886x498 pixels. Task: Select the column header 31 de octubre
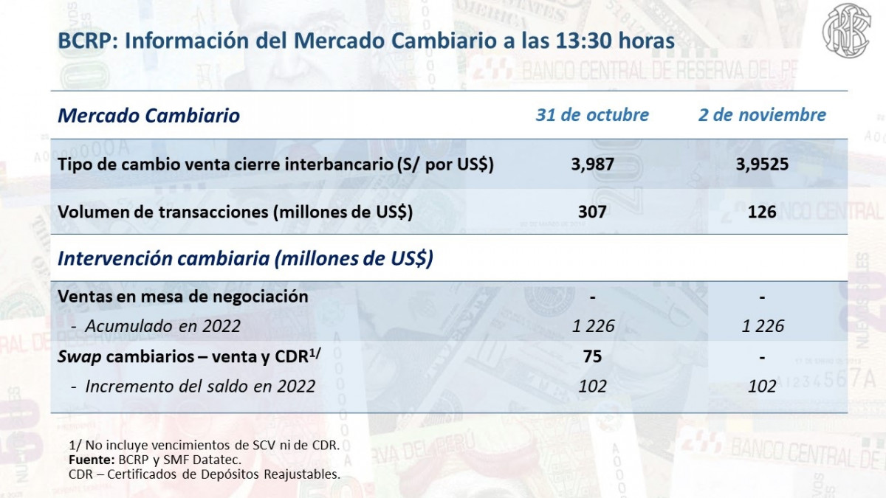[592, 115]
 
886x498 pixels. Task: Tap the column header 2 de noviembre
[762, 115]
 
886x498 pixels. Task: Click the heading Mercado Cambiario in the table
[148, 116]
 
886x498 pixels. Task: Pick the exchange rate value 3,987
[592, 165]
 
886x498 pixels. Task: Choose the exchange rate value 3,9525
[762, 165]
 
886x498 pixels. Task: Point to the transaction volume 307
[592, 212]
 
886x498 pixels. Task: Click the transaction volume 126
[762, 212]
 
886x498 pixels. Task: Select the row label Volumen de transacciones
[235, 212]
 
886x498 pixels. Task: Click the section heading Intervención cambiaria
[245, 259]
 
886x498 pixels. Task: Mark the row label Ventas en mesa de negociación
[182, 297]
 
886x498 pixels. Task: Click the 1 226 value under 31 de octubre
[593, 326]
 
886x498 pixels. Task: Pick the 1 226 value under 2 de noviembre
[763, 326]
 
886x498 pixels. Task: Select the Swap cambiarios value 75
[592, 357]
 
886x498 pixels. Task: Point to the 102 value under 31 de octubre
[592, 386]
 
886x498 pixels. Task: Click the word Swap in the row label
[80, 357]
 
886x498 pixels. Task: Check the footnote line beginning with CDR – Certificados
[204, 474]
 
